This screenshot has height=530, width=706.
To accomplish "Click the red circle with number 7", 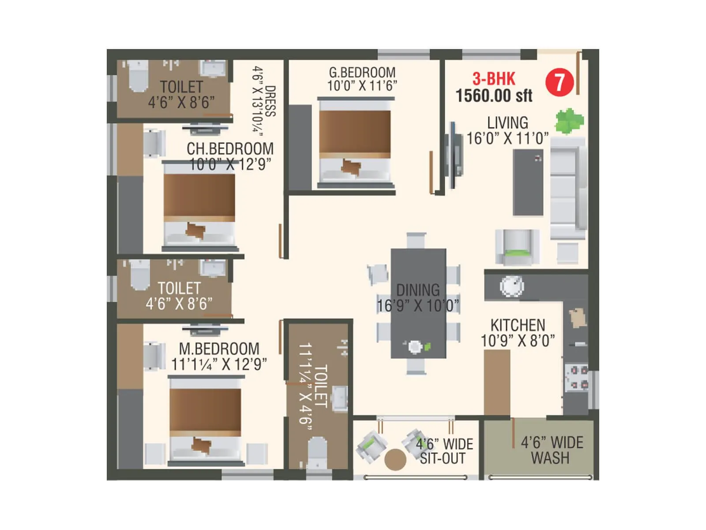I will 560,82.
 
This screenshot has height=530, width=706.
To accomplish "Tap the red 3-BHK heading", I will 494,79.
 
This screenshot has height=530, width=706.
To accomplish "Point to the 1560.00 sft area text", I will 494,95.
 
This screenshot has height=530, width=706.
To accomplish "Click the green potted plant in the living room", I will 569,120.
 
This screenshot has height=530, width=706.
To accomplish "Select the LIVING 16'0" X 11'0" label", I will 507,130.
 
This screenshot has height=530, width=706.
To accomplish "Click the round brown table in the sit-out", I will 395,459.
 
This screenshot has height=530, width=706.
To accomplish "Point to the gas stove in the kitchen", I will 577,377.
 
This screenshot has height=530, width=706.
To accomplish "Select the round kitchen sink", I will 512,286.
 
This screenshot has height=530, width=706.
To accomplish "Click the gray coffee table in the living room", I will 528,182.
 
